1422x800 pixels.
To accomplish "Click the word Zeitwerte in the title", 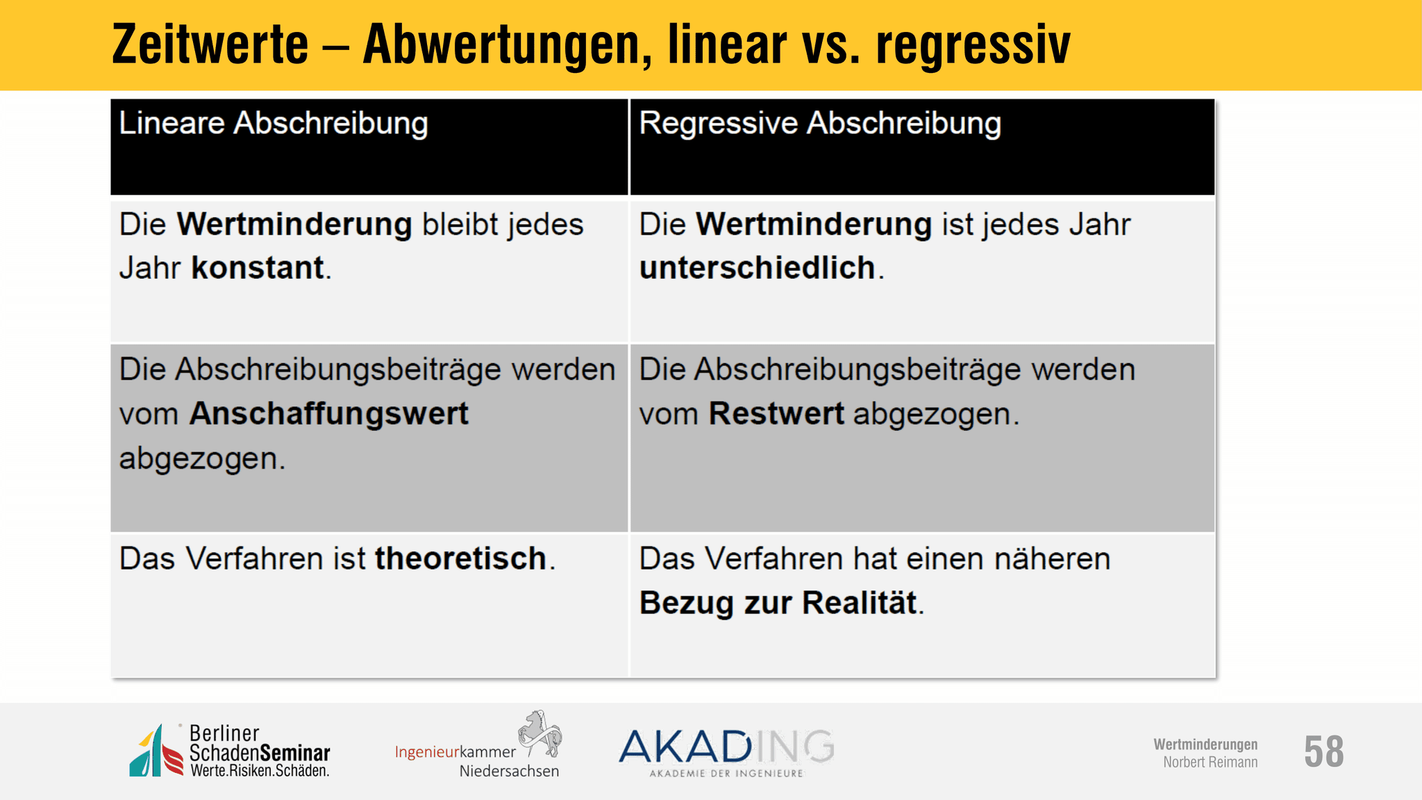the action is [210, 44].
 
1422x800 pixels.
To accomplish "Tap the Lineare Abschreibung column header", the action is [274, 124].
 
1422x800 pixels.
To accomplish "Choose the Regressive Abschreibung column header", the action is [820, 124].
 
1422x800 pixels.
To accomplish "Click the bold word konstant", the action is [258, 268].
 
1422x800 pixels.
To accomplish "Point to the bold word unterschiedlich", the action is [758, 268].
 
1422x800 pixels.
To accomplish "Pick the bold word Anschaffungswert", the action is [329, 414].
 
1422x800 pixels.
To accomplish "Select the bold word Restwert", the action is [776, 414].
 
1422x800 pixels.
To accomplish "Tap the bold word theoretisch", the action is [461, 558].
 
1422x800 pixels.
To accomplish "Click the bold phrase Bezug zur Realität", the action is [778, 603].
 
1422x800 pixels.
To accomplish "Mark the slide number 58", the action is [1323, 751].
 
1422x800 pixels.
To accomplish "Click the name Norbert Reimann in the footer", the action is [1210, 762].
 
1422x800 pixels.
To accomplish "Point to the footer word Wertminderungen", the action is [1205, 744].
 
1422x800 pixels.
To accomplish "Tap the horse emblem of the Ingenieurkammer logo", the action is [540, 733].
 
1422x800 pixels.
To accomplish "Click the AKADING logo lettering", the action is [726, 747].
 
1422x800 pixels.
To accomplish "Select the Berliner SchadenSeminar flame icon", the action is [156, 751].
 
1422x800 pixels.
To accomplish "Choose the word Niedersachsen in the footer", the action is [509, 771].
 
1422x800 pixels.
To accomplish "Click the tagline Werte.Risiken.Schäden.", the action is [260, 770].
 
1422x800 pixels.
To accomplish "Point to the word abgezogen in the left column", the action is [202, 459].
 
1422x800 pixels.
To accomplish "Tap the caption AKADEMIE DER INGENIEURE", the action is [726, 773].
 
